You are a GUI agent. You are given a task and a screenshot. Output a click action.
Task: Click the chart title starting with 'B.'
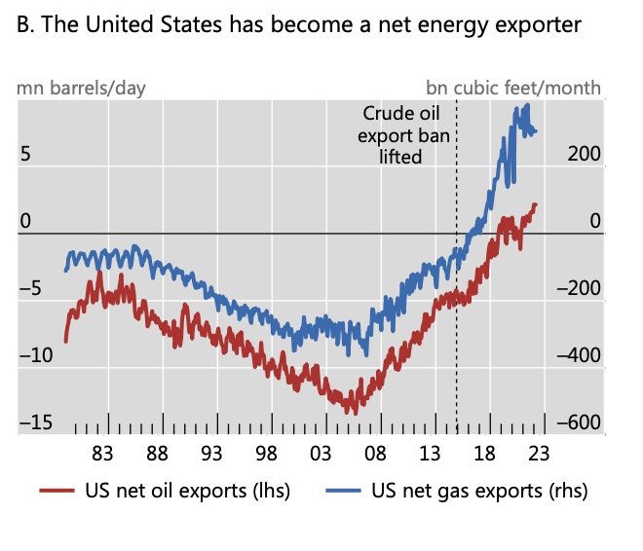click(299, 24)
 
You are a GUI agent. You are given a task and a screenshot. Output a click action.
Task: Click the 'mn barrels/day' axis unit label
click(81, 89)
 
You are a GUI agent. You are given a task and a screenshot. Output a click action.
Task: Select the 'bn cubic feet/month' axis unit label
click(513, 89)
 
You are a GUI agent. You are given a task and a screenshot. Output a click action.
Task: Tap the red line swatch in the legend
click(57, 491)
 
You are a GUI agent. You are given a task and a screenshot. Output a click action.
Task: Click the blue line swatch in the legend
click(343, 491)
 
